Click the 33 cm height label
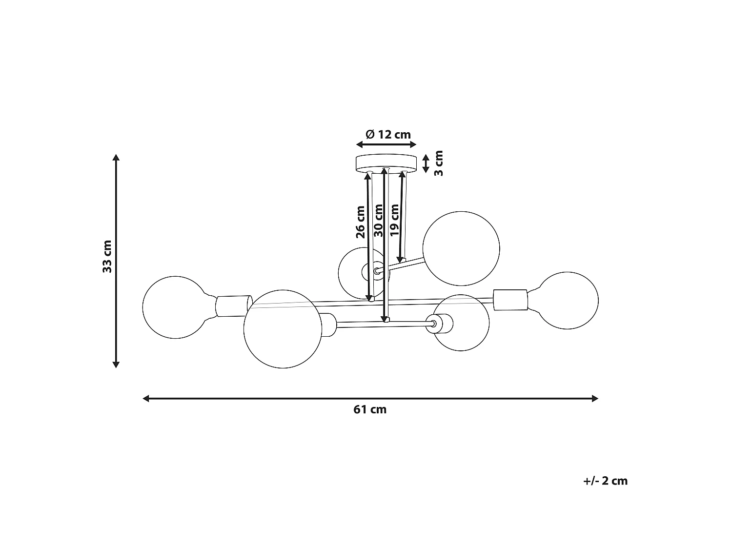click(107, 256)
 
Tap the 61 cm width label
click(370, 409)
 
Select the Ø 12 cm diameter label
click(388, 134)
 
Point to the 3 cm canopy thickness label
click(439, 163)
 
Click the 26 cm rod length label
click(361, 222)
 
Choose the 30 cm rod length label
click(379, 221)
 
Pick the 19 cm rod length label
click(394, 221)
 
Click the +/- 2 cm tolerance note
click(605, 481)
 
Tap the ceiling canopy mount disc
click(386, 163)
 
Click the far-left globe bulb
click(175, 307)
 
